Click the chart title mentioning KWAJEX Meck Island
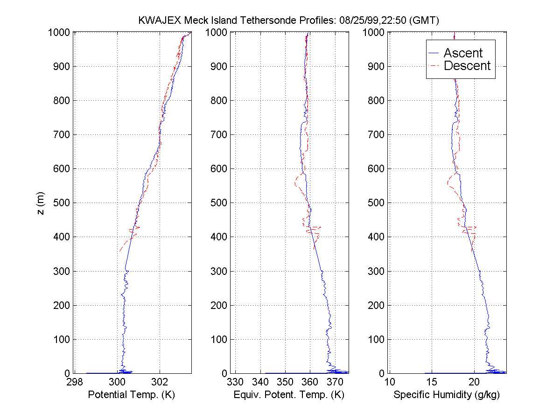tap(289, 21)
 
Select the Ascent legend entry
tap(463, 53)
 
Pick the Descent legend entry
tap(467, 66)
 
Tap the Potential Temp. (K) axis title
tap(131, 395)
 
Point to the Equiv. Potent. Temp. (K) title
tap(289, 395)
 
